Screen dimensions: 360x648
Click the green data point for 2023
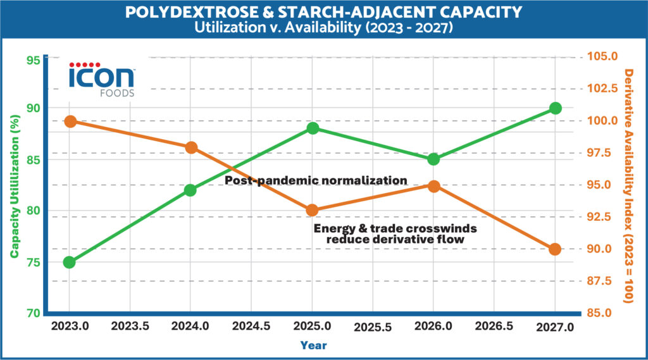pos(69,262)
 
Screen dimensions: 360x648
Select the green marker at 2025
pos(312,128)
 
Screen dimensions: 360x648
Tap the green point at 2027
pos(555,108)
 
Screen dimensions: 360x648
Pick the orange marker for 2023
pos(70,121)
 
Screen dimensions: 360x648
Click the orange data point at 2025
pos(312,211)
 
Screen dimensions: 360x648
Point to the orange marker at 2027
pos(555,249)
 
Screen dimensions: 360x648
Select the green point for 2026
pos(433,159)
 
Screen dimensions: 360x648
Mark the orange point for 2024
pos(191,148)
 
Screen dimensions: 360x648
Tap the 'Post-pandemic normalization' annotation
pos(316,180)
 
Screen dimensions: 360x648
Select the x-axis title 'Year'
pos(314,345)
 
